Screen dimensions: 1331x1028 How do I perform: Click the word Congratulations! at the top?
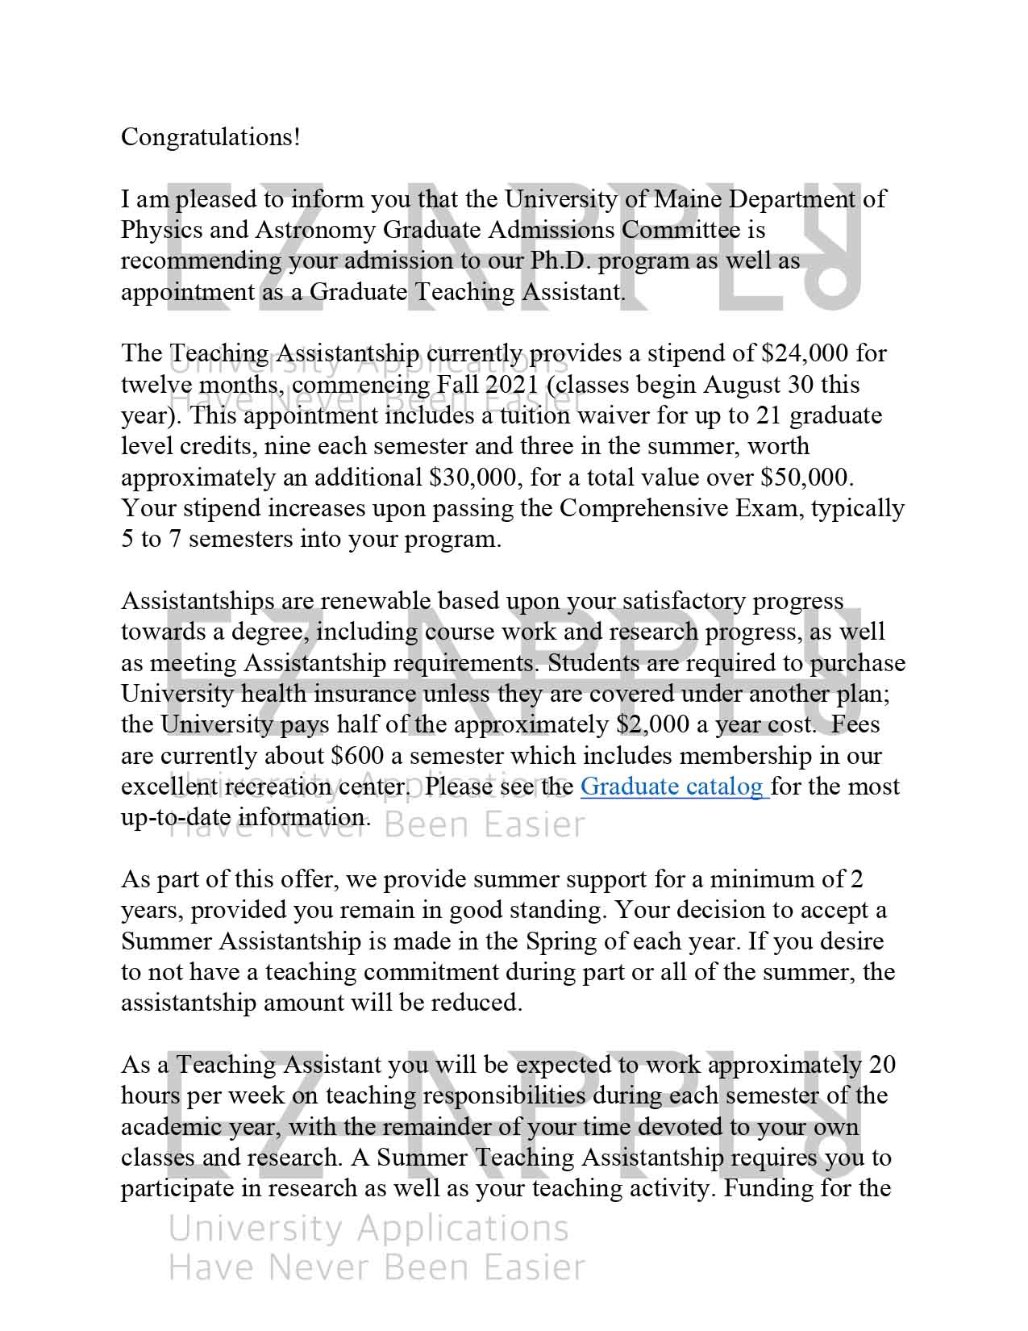[x=210, y=137]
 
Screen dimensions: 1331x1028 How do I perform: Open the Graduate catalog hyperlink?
[x=673, y=786]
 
